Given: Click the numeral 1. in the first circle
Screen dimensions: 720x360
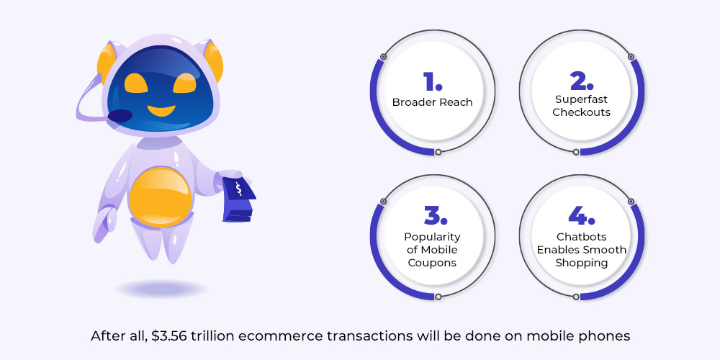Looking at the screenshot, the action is pos(433,81).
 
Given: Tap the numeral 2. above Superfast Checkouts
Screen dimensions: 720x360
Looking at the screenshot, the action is pos(582,81).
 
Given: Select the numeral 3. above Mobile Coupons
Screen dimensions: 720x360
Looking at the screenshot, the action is pos(436,216).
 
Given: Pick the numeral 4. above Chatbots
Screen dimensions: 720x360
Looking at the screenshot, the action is pos(581,216).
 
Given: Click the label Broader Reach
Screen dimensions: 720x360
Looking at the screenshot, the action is pos(432,102).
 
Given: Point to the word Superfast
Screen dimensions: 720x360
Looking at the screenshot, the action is pos(581,99).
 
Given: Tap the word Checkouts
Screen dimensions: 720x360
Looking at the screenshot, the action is pos(581,112).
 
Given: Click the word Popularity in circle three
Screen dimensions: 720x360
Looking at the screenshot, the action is pos(432,238).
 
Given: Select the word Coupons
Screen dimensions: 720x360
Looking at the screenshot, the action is pos(432,263).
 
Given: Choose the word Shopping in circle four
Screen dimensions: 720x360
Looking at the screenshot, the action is pos(581,263).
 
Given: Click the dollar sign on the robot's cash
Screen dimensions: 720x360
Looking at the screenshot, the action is pos(238,188).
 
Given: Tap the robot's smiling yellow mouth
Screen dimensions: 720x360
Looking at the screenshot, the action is pos(161,110).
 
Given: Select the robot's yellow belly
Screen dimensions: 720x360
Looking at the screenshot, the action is pos(160,197).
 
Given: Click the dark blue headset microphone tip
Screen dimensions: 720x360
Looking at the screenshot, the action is pos(120,116).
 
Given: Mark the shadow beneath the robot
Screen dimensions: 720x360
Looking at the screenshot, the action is pos(161,289).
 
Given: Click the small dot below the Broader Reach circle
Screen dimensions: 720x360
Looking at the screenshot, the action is pos(438,152).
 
